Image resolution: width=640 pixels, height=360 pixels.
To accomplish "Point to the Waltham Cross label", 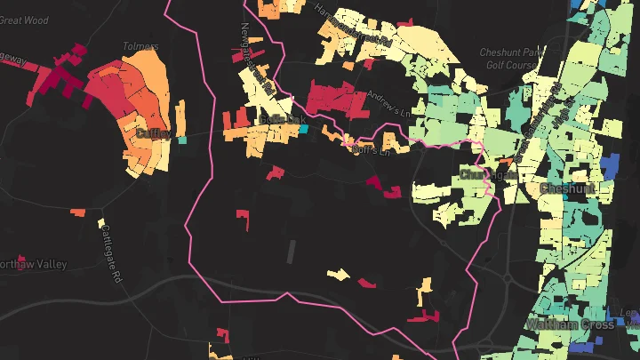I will coord(570,324).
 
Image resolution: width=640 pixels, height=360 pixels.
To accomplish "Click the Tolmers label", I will coord(141,46).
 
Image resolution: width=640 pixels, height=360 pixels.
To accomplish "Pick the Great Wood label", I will coord(25,20).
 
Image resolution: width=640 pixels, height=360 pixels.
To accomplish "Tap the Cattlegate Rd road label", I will coord(110,254).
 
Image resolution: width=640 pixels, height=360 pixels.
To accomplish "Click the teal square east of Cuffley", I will coord(183,140).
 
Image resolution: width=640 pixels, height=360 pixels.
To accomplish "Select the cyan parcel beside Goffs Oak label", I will coord(303,129).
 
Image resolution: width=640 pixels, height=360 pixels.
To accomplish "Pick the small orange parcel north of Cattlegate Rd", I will coord(78,212).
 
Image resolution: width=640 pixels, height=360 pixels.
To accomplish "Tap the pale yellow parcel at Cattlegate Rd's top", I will coord(101,222).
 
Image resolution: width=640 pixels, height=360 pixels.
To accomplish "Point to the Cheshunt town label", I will coord(572,188).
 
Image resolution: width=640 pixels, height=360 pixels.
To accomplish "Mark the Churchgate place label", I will coord(488,174).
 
